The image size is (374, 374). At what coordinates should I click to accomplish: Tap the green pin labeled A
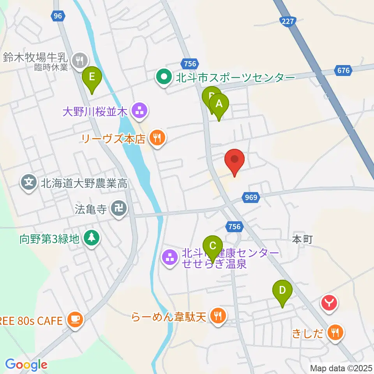click(x=219, y=104)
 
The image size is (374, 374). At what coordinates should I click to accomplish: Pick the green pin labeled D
click(x=283, y=290)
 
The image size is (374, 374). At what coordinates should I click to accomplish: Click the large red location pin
click(x=235, y=160)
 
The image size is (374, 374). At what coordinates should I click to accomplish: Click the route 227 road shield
click(x=288, y=22)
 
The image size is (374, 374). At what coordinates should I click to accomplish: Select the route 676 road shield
click(x=342, y=71)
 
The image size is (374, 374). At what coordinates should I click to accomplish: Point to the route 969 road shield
click(x=252, y=198)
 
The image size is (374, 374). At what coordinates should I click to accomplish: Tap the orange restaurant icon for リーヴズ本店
click(x=157, y=138)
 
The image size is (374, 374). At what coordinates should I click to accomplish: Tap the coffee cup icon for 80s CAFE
click(x=74, y=320)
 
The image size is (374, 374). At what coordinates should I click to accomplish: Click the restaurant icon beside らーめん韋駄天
click(x=218, y=315)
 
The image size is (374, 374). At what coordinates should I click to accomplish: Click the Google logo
click(x=26, y=365)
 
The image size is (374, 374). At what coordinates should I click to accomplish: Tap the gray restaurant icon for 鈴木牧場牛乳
click(x=80, y=60)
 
